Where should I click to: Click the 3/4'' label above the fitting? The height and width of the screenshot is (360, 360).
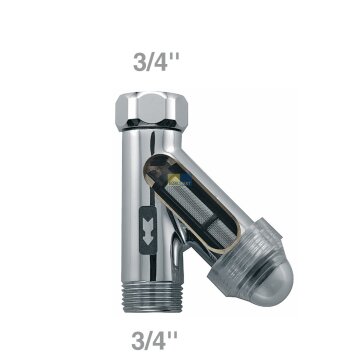156,62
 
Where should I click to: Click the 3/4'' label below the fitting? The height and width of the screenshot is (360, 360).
154,340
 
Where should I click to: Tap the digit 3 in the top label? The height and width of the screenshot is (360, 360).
140,62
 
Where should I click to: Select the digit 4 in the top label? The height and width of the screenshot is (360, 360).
161,62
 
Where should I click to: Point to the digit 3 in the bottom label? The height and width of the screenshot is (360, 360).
138,340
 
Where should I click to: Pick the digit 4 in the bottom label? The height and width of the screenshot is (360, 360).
159,340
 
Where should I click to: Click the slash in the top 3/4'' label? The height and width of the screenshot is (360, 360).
150,62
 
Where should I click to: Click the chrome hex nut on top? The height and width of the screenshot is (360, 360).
151,110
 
